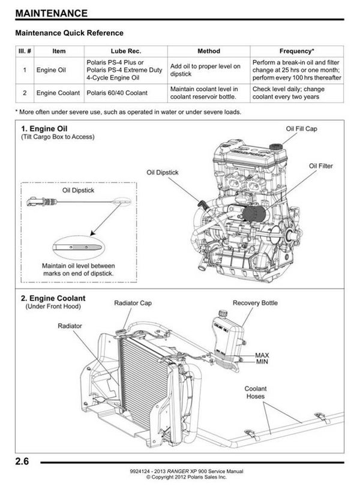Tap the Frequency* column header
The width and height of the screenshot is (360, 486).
296,51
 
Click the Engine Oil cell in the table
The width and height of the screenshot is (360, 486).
51,70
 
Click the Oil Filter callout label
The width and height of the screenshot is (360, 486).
320,166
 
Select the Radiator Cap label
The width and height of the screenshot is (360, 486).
133,303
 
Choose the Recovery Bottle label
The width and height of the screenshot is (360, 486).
255,303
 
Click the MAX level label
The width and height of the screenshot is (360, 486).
262,355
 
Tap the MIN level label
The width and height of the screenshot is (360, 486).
262,362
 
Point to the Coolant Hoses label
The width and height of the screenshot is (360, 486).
256,393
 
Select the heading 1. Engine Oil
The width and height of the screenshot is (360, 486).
45,128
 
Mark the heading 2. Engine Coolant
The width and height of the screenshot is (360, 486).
53,298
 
